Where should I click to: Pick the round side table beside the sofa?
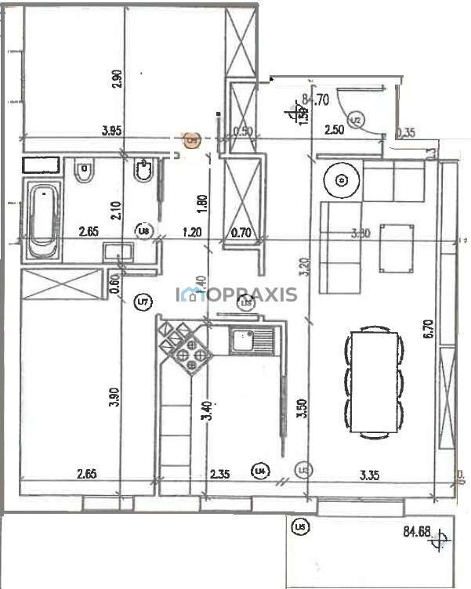point(341,180)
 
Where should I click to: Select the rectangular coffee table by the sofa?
point(397,248)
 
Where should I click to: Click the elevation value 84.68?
point(418,533)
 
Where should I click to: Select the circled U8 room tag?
point(143,231)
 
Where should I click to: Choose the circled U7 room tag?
point(142,300)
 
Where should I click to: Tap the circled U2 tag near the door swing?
point(355,120)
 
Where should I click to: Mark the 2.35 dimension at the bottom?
point(219,472)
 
